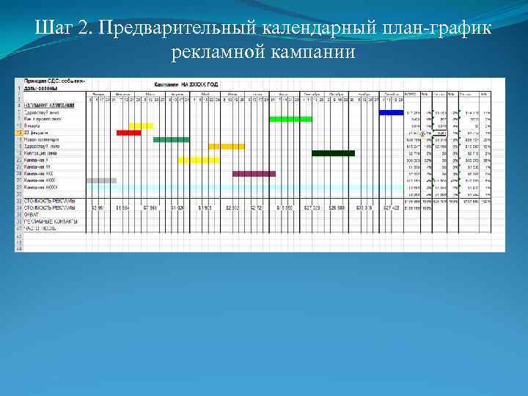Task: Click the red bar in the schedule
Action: coord(128,133)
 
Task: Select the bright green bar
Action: coord(290,119)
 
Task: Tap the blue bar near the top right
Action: coord(391,112)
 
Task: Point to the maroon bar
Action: coord(254,174)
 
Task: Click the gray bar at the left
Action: coord(101,180)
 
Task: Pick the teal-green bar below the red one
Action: coord(171,139)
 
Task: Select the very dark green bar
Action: coord(333,153)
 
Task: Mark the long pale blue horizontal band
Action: coord(242,188)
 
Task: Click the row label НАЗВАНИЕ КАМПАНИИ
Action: coord(43,106)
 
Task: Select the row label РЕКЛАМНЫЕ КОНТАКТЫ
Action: coord(47,221)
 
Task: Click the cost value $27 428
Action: coord(392,208)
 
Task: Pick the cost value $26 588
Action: coord(337,208)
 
